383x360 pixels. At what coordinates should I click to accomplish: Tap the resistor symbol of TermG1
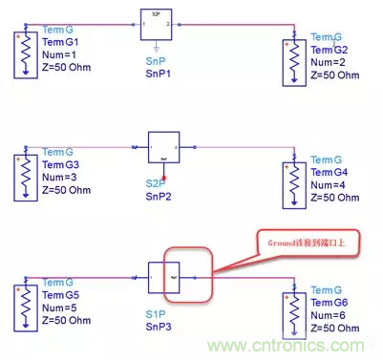[20, 49]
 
